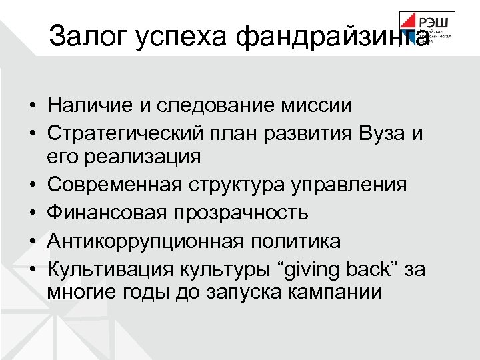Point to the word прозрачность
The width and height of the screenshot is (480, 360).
(x=248, y=213)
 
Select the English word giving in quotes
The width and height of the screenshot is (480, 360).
(x=312, y=268)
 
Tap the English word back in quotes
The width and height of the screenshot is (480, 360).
(x=371, y=268)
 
